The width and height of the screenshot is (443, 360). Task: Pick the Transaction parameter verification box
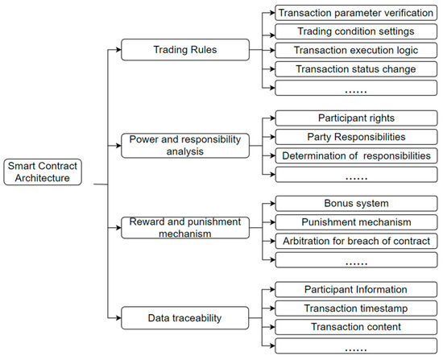356,14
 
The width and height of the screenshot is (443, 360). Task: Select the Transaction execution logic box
356,51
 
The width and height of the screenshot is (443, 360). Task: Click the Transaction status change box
356,69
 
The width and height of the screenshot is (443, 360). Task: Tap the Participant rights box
356,118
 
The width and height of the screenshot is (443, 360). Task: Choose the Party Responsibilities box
356,137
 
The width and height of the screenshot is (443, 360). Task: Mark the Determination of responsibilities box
356,155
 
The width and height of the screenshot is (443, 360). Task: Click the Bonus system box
356,204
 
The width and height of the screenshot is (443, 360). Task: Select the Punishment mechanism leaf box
356,222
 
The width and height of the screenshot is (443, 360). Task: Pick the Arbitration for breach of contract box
356,241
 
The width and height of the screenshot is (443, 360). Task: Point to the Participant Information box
356,289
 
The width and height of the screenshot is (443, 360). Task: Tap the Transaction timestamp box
356,308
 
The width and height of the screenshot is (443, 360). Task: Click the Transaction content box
356,327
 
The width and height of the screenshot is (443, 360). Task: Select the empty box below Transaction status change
356,88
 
